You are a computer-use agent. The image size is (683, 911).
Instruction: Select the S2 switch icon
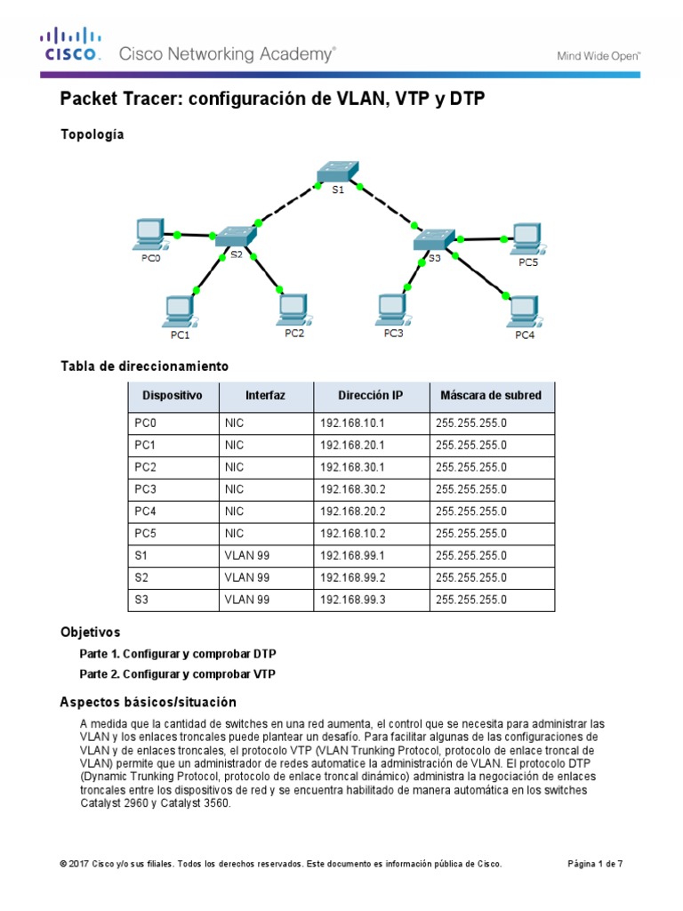point(235,236)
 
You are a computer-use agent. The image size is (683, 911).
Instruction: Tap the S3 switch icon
point(434,238)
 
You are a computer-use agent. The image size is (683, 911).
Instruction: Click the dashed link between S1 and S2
point(286,206)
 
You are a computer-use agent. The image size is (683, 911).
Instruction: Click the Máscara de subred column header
point(491,395)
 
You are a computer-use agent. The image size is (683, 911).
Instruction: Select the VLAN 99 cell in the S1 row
point(246,556)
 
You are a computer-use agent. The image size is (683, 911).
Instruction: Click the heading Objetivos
point(90,633)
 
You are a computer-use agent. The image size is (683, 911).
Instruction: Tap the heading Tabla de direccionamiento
point(144,366)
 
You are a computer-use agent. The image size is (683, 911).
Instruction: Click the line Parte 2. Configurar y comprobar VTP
point(177,674)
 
